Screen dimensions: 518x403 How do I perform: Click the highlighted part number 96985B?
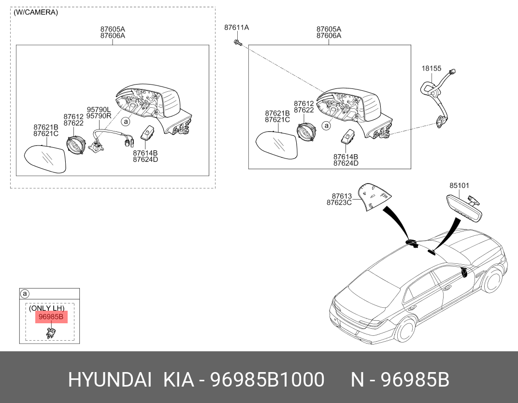click(x=51, y=317)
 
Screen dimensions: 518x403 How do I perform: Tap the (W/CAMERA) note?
click(x=36, y=12)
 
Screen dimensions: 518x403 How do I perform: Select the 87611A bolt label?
click(x=237, y=28)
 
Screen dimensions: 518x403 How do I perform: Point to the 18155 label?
click(x=432, y=69)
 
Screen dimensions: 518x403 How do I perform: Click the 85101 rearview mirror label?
click(x=459, y=186)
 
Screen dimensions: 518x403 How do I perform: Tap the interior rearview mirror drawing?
click(x=464, y=208)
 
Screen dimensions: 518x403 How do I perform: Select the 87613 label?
click(x=342, y=196)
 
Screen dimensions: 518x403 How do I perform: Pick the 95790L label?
click(x=99, y=109)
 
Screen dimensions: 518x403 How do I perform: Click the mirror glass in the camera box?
click(x=45, y=159)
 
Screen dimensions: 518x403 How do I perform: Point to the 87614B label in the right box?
click(x=345, y=157)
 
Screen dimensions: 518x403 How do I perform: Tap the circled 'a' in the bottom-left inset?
click(x=25, y=294)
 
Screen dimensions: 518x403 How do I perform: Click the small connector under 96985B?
click(x=51, y=332)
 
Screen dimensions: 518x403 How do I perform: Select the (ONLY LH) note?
click(x=46, y=308)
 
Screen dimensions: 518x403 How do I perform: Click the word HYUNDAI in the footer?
click(x=110, y=379)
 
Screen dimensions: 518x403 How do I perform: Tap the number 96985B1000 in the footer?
click(x=267, y=379)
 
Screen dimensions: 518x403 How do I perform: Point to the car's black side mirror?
click(x=464, y=273)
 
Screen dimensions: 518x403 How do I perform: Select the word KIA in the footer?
click(x=179, y=379)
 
